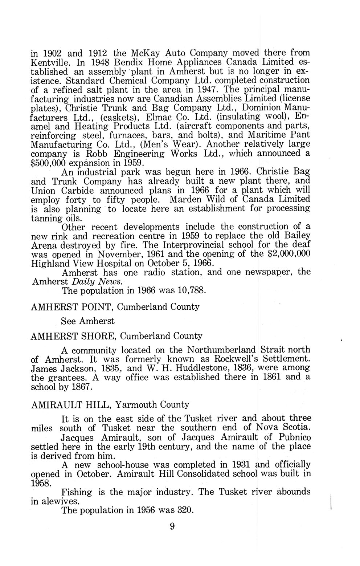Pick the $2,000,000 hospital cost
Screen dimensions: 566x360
pyautogui.click(x=289, y=254)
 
